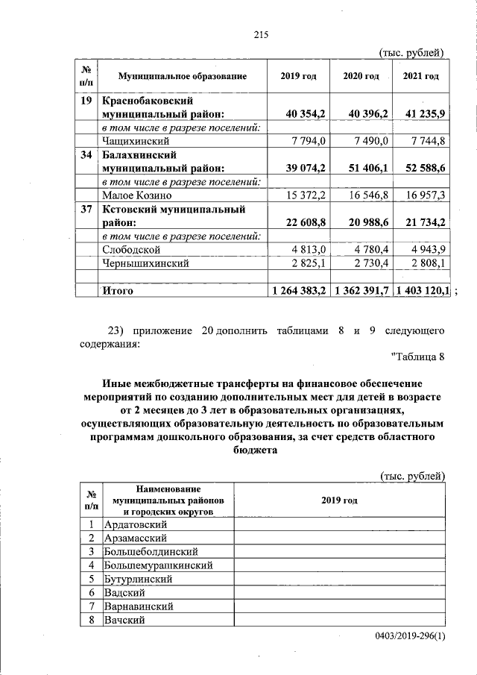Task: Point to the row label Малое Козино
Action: [x=137, y=195]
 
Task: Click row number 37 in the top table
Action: [x=86, y=210]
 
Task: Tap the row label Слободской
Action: [x=131, y=249]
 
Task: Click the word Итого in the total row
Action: [x=118, y=291]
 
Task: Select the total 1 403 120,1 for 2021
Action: [x=422, y=291]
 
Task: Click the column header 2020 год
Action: [x=361, y=76]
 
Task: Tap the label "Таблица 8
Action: [x=417, y=357]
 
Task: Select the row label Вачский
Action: [x=124, y=620]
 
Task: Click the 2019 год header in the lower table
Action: [x=340, y=500]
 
